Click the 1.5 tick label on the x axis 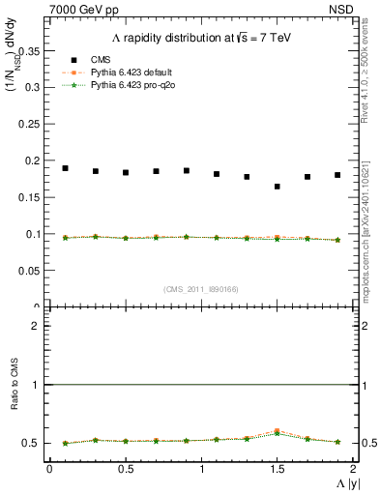(277, 469)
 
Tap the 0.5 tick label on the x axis (125, 469)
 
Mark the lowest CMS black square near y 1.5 (278, 187)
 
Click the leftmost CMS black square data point (65, 168)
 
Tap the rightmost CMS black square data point (337, 175)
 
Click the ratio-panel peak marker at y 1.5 (278, 431)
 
